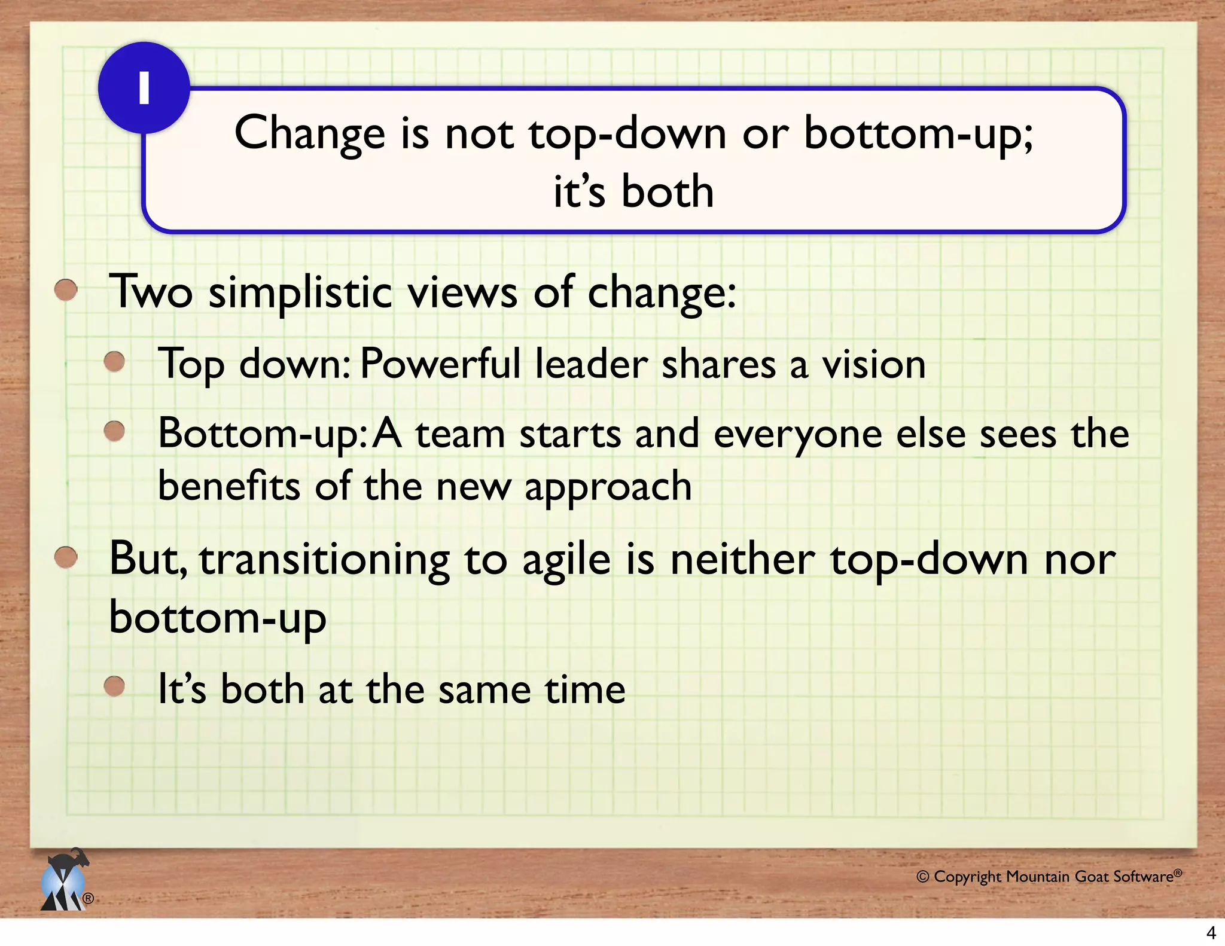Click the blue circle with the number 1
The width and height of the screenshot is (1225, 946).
(x=144, y=88)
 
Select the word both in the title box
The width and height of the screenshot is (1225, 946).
(x=668, y=193)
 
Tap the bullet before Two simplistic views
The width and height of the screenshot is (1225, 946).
(x=66, y=290)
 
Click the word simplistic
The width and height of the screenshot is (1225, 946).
(x=300, y=293)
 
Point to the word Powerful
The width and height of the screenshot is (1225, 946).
(x=440, y=364)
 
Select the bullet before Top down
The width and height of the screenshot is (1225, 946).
(x=114, y=361)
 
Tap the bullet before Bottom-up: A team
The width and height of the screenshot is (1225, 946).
(x=114, y=431)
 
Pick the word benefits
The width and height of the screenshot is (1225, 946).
(x=228, y=486)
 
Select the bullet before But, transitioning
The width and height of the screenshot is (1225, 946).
(x=66, y=557)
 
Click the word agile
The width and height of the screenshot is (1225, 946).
(x=566, y=561)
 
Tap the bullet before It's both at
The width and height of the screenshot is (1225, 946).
(x=114, y=686)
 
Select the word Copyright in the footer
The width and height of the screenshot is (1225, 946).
(x=967, y=877)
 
